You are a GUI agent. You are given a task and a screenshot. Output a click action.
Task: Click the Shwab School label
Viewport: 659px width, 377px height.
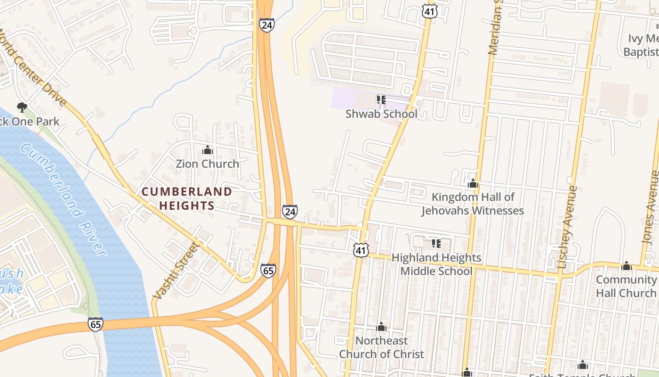(x=381, y=114)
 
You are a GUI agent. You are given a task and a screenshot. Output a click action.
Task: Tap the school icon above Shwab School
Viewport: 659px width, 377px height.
(x=381, y=99)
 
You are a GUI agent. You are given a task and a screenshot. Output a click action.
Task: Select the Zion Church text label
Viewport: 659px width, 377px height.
(x=208, y=164)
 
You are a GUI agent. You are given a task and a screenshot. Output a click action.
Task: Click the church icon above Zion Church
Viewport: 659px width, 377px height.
(x=208, y=150)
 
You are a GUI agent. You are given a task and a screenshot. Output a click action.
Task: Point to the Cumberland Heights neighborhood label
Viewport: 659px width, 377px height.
(x=187, y=198)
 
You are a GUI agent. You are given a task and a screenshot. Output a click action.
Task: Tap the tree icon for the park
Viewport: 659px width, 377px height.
(x=22, y=107)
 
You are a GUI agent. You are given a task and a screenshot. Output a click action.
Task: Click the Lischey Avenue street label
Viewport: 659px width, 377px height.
(x=567, y=227)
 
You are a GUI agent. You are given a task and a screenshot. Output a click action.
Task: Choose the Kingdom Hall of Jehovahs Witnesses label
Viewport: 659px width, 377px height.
(x=473, y=204)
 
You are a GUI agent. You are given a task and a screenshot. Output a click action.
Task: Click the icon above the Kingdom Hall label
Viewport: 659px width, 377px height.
(x=473, y=183)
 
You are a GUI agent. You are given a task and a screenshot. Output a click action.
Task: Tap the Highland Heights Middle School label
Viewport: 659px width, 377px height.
(x=436, y=264)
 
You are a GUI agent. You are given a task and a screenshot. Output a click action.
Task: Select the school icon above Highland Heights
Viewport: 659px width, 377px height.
(x=436, y=244)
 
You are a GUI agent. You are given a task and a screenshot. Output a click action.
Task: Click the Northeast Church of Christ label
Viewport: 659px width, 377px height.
(x=382, y=347)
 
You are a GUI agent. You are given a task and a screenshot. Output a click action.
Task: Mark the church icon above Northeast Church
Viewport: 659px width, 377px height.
(x=382, y=327)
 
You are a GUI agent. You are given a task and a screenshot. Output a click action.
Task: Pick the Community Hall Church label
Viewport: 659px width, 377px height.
(x=626, y=286)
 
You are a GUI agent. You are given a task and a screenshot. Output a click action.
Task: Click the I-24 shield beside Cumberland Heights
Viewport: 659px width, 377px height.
(x=290, y=212)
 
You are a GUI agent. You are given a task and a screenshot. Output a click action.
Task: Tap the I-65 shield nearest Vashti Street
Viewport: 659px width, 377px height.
(x=268, y=270)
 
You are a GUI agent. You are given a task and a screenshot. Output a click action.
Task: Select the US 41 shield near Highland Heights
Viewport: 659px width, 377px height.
(x=361, y=250)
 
